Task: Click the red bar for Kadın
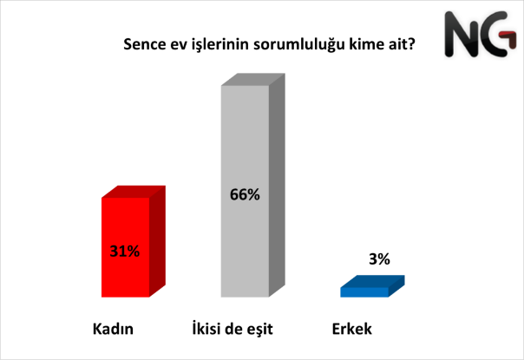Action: coord(134,241)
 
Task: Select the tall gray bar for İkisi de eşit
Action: coord(252,185)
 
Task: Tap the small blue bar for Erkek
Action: coord(372,286)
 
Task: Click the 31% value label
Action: coord(125,251)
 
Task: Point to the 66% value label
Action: coord(245,194)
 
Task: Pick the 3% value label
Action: coord(379,259)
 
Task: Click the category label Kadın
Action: coord(113,329)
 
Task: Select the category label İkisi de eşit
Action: coord(233,329)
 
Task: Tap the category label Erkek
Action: coord(352,329)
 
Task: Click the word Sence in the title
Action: coord(144,44)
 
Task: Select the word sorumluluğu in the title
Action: coord(298,45)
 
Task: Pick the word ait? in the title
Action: coord(402,43)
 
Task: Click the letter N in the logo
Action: coord(461,34)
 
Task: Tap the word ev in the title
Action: coord(179,45)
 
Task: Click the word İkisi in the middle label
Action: coord(206,328)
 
